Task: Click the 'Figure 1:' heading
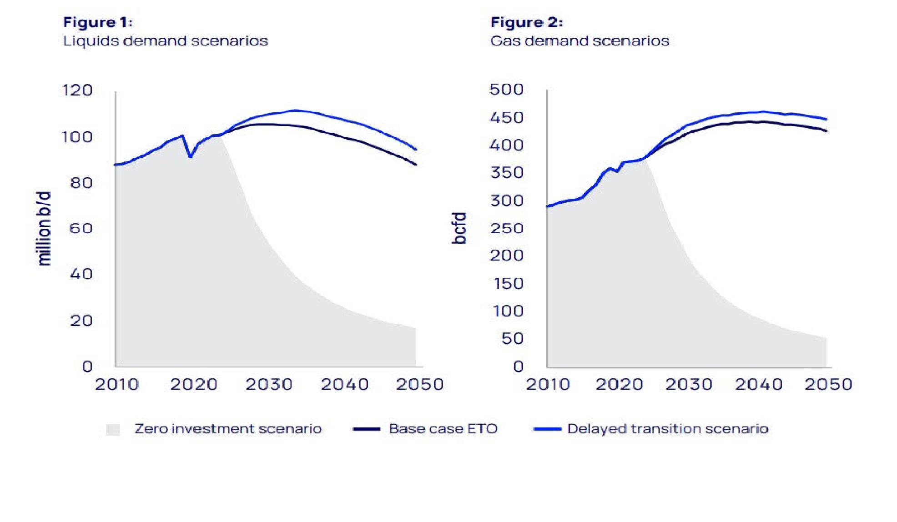click(x=97, y=22)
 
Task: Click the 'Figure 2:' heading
click(x=526, y=22)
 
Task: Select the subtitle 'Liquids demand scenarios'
click(x=165, y=41)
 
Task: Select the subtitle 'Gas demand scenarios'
click(x=580, y=41)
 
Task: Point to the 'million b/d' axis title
click(x=44, y=228)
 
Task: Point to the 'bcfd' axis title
click(x=459, y=228)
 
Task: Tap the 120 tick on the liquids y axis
click(x=77, y=90)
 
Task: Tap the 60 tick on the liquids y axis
click(x=81, y=228)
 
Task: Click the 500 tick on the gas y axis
click(x=506, y=90)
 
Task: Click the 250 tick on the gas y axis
click(x=507, y=228)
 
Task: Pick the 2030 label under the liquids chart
click(x=269, y=384)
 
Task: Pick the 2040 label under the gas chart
click(x=759, y=384)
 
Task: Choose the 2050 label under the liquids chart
click(x=419, y=384)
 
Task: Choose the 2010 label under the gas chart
click(x=548, y=384)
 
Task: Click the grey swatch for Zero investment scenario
click(x=113, y=429)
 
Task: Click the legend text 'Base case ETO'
click(x=443, y=429)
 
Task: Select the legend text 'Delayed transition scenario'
click(x=667, y=429)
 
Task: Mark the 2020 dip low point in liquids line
click(x=191, y=157)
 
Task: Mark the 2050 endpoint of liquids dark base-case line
click(x=416, y=165)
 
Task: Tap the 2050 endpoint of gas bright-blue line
click(x=826, y=120)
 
